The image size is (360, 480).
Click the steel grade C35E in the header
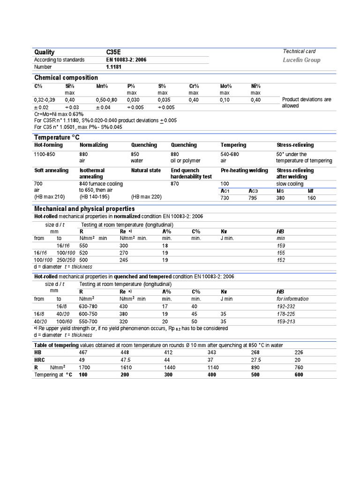[x=114, y=52]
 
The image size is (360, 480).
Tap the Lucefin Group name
[x=301, y=60]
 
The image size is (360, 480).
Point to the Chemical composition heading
[x=66, y=78]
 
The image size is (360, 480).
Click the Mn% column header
[x=102, y=86]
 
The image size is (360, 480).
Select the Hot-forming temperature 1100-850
[x=45, y=154]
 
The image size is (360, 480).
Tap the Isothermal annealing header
[x=92, y=173]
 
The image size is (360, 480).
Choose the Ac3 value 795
[x=254, y=199]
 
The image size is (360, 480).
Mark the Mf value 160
[x=311, y=199]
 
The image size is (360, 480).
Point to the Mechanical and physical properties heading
[x=84, y=209]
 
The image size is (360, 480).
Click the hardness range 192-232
[x=287, y=306]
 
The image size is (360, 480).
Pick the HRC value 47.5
[x=127, y=360]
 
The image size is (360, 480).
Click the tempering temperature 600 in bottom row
[x=299, y=375]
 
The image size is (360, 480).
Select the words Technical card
[x=299, y=52]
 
